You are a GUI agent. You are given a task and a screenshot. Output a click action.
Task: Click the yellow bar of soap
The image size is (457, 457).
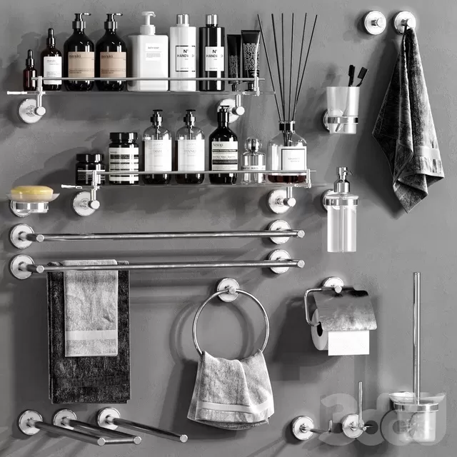(x=31, y=193)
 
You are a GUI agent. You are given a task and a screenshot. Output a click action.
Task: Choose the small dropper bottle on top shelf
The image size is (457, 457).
(x=29, y=73)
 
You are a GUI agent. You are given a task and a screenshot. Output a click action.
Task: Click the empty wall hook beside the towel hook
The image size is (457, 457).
(x=374, y=22)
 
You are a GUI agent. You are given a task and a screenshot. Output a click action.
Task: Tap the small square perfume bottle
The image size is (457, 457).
(x=253, y=162)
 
